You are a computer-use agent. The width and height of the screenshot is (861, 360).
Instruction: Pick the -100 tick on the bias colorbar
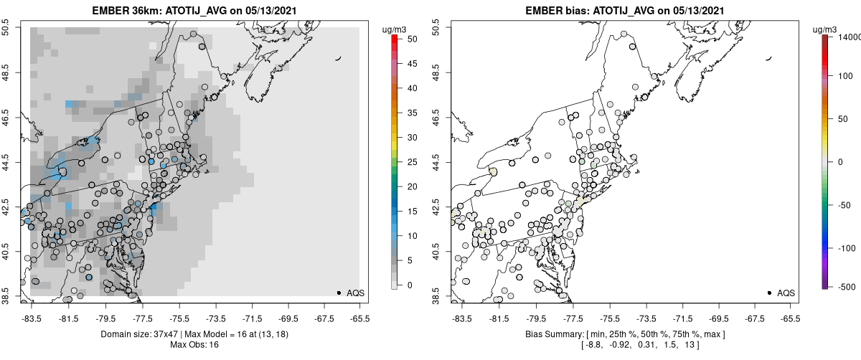click(843, 247)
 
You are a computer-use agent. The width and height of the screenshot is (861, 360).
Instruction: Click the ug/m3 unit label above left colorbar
click(396, 28)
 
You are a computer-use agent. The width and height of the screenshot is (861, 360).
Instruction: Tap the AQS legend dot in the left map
click(339, 293)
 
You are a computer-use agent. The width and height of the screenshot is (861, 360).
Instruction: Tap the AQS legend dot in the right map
click(769, 293)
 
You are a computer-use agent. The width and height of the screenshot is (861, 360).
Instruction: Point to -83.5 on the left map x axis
click(32, 318)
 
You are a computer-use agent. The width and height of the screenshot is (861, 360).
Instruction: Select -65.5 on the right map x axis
click(790, 318)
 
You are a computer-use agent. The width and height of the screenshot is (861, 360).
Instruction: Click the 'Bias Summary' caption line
click(624, 334)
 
